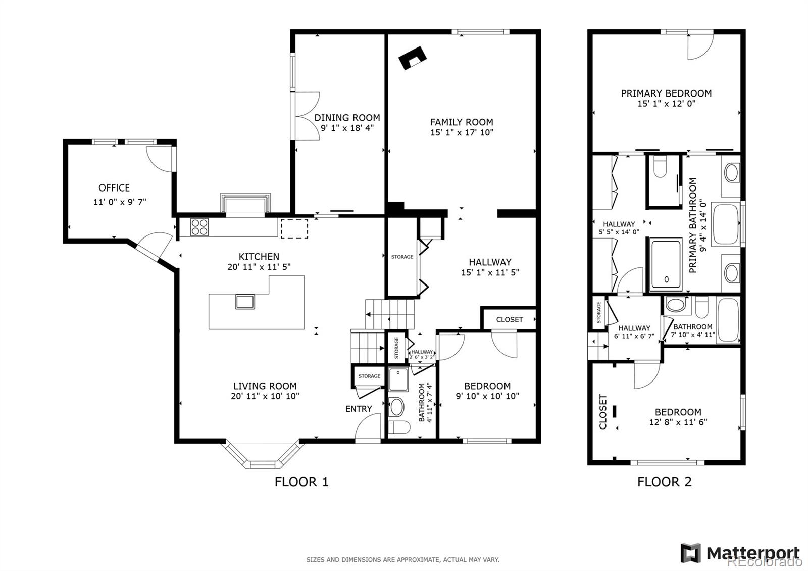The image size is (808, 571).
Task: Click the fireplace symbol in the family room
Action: [412, 58]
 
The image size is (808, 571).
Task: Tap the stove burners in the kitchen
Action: [199, 226]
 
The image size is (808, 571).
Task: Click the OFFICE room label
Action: [114, 188]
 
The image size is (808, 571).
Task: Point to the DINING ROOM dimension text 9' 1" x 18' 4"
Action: [347, 128]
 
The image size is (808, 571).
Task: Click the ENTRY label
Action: [359, 409]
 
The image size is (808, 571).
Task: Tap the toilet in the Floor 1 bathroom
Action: [399, 427]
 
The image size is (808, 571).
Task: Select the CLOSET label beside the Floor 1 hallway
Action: [509, 319]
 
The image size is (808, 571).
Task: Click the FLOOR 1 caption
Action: [301, 482]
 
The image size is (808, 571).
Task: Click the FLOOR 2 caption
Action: [664, 482]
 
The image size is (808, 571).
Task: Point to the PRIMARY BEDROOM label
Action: [666, 93]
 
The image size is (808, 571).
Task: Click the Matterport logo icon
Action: [690, 553]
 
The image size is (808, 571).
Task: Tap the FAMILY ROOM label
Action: [462, 122]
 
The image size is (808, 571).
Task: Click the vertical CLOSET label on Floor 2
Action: [603, 412]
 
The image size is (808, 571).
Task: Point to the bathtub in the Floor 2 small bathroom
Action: [728, 320]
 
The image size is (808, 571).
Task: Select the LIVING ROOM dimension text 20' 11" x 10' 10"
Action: [265, 396]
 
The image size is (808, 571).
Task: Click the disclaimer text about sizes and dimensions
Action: [402, 559]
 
